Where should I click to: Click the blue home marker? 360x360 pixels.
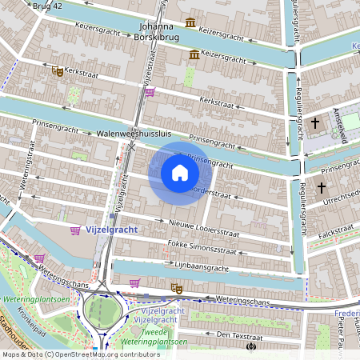[180, 172]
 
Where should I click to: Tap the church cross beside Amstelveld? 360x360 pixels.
[315, 123]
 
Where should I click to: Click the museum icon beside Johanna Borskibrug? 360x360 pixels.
[190, 22]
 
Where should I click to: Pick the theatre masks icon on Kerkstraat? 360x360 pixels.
[58, 71]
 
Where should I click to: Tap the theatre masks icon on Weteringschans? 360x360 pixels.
[177, 288]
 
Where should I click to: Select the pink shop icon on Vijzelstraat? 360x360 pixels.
[150, 92]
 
